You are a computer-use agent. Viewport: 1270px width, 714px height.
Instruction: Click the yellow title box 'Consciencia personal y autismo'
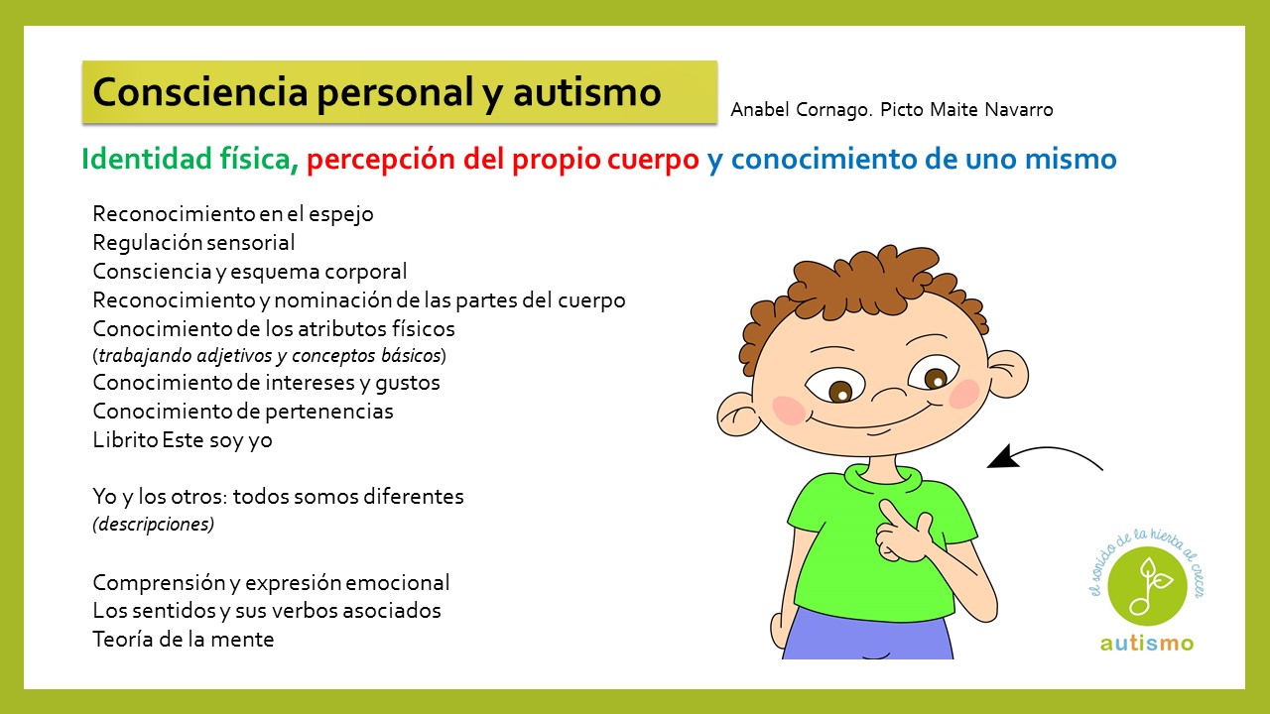(x=398, y=92)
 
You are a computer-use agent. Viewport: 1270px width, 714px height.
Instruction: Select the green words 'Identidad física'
(x=186, y=159)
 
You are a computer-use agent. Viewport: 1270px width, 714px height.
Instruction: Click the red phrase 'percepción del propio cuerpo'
(x=503, y=159)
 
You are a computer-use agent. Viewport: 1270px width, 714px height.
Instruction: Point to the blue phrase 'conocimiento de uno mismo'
(x=923, y=159)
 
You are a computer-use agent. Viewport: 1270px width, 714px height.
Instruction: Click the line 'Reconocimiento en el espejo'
(x=233, y=213)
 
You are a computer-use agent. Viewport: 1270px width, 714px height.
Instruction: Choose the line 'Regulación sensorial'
(x=193, y=242)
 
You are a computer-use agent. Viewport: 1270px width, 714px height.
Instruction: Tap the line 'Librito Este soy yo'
(x=183, y=439)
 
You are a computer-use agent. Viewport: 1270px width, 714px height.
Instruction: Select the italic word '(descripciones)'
(x=154, y=524)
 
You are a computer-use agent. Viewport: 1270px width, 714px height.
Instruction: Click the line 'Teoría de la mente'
(x=184, y=640)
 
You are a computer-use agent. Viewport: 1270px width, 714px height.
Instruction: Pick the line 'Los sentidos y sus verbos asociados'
(x=267, y=610)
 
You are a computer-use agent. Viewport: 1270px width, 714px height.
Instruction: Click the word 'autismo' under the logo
(x=1146, y=643)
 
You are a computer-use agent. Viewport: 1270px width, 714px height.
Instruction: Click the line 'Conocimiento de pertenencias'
(x=243, y=411)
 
